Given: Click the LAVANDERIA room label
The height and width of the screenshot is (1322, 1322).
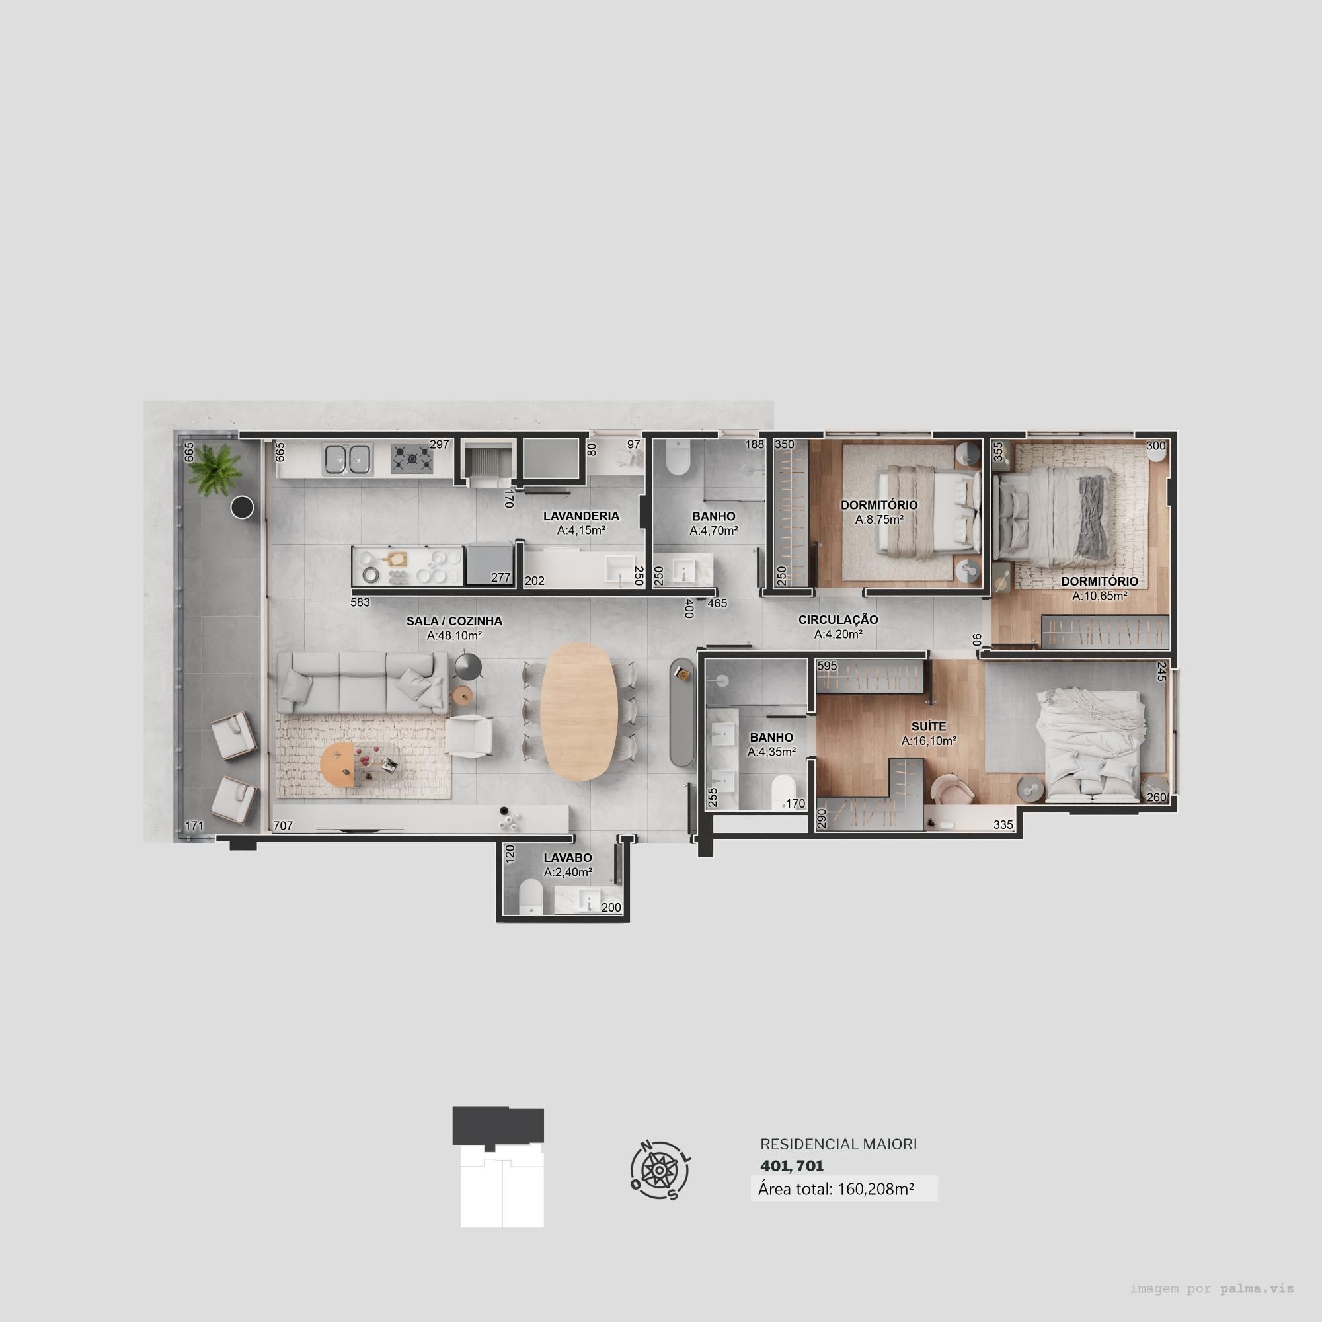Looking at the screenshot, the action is pyautogui.click(x=581, y=516).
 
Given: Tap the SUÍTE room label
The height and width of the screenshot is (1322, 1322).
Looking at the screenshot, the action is pyautogui.click(x=929, y=726).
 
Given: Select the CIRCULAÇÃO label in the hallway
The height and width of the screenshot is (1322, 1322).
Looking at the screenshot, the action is pyautogui.click(x=837, y=619).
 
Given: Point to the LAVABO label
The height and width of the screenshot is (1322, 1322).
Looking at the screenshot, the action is pyautogui.click(x=567, y=857).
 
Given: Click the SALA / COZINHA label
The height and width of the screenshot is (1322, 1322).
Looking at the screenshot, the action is pyautogui.click(x=454, y=621).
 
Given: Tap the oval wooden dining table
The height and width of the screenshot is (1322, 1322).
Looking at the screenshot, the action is pyautogui.click(x=579, y=711).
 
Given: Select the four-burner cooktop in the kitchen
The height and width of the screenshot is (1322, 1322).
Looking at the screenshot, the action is pyautogui.click(x=412, y=459).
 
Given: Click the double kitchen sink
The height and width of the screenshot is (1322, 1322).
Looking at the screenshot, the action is pyautogui.click(x=347, y=459).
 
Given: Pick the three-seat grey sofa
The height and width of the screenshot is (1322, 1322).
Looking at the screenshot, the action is pyautogui.click(x=362, y=682).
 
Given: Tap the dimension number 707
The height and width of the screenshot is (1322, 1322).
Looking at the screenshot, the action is pyautogui.click(x=283, y=826).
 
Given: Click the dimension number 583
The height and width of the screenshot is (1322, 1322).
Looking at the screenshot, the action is pyautogui.click(x=360, y=603).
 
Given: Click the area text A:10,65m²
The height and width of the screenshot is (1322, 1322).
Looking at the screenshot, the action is pyautogui.click(x=1100, y=596).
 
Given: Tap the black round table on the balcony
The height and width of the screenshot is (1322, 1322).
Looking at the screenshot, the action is pyautogui.click(x=242, y=507).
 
